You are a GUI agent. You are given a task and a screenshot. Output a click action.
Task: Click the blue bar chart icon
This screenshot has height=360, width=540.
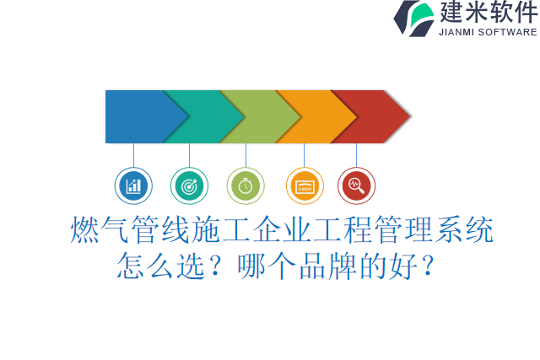[x=133, y=185]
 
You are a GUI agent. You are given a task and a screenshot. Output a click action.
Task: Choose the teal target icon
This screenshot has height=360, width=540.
[x=189, y=185]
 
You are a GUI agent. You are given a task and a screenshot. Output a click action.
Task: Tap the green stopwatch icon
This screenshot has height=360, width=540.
[x=246, y=185]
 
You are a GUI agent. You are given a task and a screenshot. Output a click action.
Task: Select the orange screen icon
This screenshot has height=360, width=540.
[x=305, y=185]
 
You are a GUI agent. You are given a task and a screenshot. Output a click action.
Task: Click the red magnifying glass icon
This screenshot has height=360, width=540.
[x=356, y=185]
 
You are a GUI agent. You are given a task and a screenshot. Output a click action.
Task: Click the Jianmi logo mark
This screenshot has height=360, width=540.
[x=414, y=18]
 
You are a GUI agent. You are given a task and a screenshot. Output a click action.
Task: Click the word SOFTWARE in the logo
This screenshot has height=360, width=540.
[x=508, y=33]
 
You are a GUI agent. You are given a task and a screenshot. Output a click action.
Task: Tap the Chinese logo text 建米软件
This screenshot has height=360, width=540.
[x=488, y=13]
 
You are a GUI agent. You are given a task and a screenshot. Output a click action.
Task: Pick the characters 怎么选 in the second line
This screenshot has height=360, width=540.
[x=159, y=266]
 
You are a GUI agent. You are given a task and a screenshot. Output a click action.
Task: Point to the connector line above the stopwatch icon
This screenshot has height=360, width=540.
[x=246, y=155]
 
